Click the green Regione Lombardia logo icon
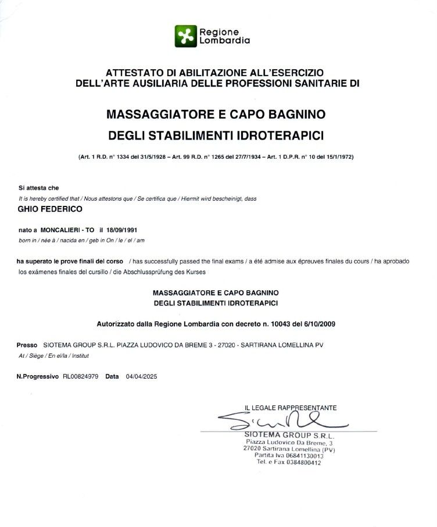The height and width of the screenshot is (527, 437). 186,35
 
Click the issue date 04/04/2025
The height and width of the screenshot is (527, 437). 141,376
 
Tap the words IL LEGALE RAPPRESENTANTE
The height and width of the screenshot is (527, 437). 291,408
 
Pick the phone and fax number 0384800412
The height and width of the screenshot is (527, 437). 302,462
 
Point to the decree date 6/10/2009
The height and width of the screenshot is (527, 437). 319,323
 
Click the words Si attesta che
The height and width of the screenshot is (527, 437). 39,188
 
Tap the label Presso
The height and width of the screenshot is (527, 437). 27,345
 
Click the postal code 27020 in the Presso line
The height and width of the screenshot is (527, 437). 222,345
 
